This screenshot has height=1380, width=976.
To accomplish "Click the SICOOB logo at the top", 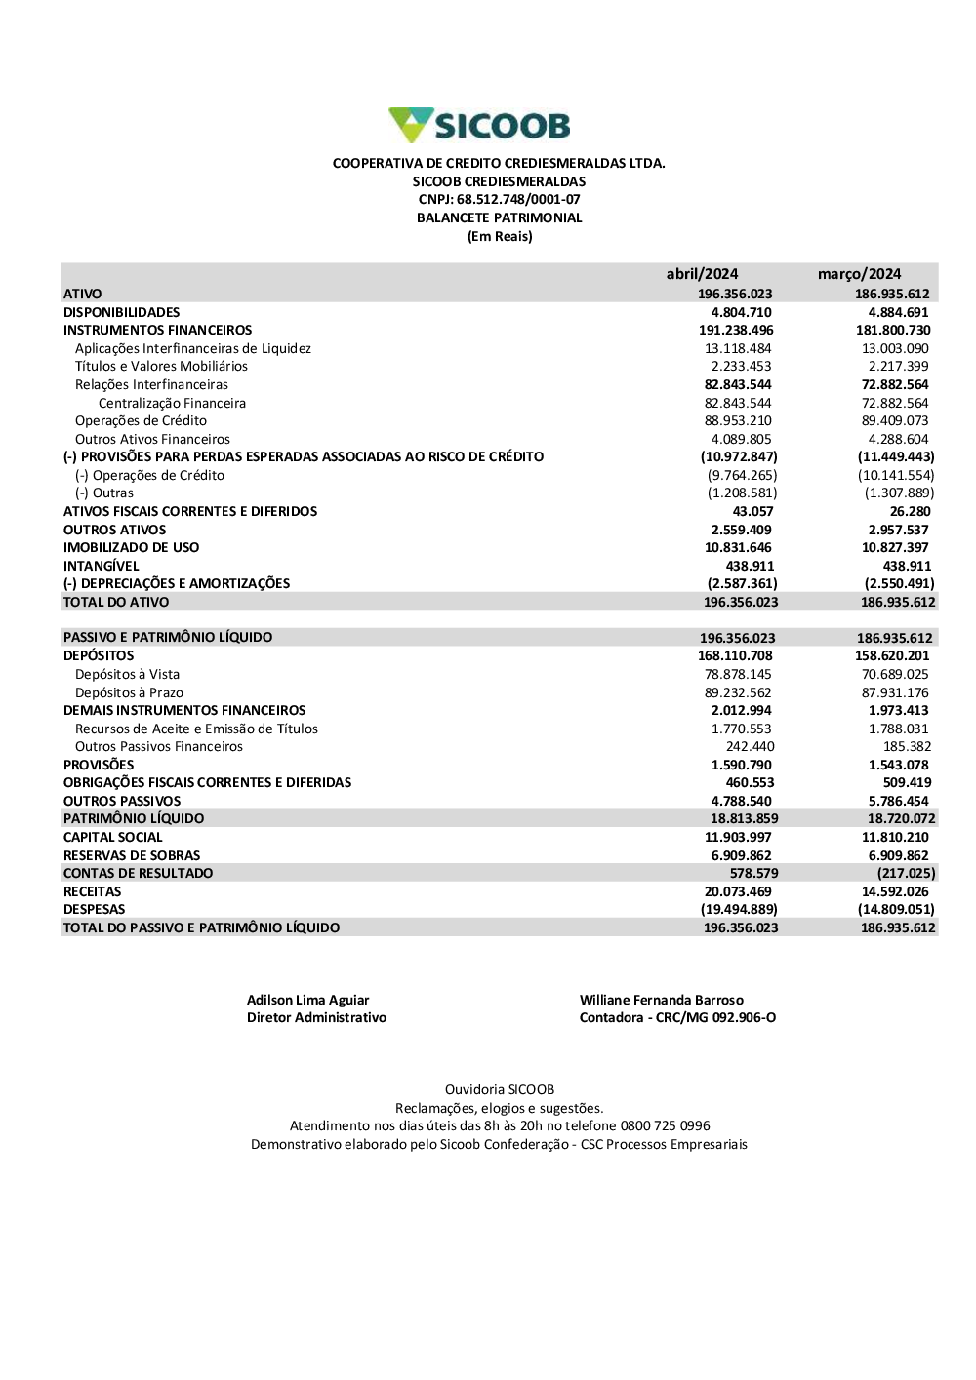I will pyautogui.click(x=479, y=126).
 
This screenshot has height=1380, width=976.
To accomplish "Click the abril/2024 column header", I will pyautogui.click(x=702, y=274).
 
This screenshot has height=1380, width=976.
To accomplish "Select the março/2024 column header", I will pyautogui.click(x=859, y=274).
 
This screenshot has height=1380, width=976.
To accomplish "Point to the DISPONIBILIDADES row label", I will pyautogui.click(x=121, y=312).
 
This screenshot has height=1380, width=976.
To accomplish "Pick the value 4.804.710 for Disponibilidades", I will pyautogui.click(x=741, y=312).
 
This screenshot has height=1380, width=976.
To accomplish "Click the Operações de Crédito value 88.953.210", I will pyautogui.click(x=738, y=421).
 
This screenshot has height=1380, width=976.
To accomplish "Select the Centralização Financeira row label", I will pyautogui.click(x=172, y=403).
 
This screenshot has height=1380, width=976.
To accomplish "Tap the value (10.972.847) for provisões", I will pyautogui.click(x=739, y=457).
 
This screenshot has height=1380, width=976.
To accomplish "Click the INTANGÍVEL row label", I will pyautogui.click(x=102, y=566).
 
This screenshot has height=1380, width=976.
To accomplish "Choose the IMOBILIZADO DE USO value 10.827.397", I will pyautogui.click(x=895, y=548).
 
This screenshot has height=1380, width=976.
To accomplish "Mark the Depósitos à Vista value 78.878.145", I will pyautogui.click(x=738, y=675).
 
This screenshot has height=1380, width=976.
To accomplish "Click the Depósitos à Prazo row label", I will pyautogui.click(x=129, y=692).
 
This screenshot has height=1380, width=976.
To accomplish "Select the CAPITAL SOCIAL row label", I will pyautogui.click(x=113, y=838).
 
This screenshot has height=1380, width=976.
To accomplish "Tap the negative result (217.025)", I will pyautogui.click(x=906, y=874).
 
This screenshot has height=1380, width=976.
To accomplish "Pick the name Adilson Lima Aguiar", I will pyautogui.click(x=307, y=1000).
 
